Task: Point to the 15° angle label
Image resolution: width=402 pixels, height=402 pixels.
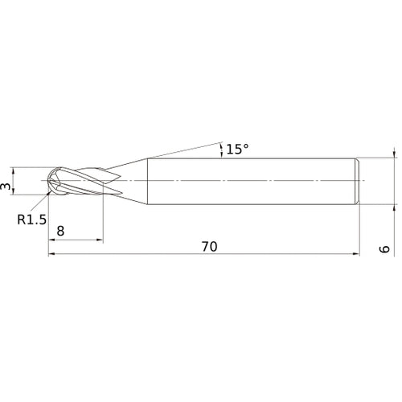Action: pyautogui.click(x=236, y=149)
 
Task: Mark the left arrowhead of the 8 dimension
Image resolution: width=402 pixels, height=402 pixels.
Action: pyautogui.click(x=53, y=240)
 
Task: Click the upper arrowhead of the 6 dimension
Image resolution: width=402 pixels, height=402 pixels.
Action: pyautogui.click(x=393, y=153)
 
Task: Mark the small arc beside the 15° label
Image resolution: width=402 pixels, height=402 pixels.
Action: pyautogui.click(x=219, y=148)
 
